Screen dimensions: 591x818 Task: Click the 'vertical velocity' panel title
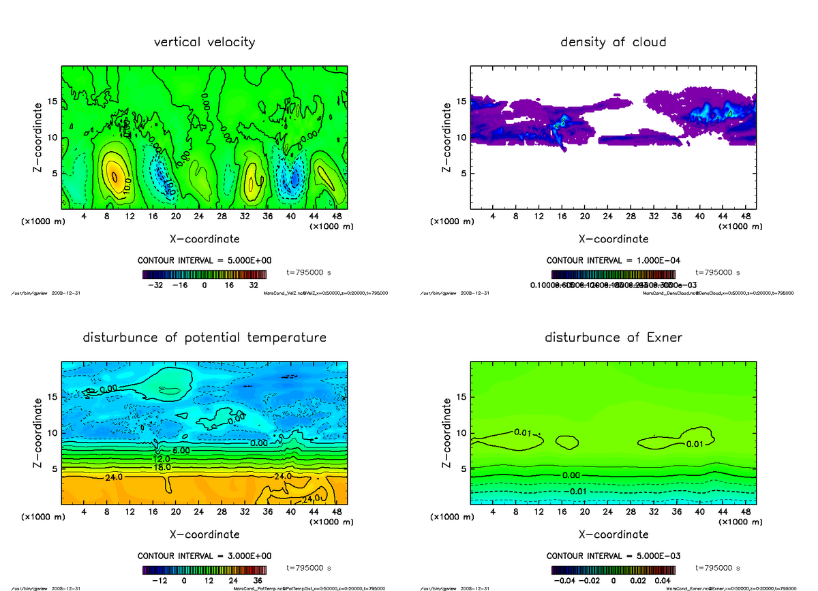pyautogui.click(x=204, y=42)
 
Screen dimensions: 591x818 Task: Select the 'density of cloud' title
pyautogui.click(x=613, y=42)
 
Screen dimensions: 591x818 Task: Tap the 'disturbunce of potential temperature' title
pyautogui.click(x=204, y=338)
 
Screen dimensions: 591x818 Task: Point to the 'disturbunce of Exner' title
pyautogui.click(x=613, y=338)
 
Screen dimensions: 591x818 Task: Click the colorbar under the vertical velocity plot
pyautogui.click(x=204, y=274)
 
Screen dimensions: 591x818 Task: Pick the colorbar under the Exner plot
pyautogui.click(x=613, y=569)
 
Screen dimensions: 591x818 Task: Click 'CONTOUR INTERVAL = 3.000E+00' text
pyautogui.click(x=204, y=556)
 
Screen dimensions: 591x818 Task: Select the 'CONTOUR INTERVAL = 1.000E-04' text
pyautogui.click(x=613, y=260)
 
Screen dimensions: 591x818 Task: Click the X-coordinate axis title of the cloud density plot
pyautogui.click(x=613, y=239)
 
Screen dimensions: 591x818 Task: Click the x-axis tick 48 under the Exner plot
pyautogui.click(x=746, y=512)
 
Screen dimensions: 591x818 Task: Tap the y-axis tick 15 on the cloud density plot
pyautogui.click(x=461, y=101)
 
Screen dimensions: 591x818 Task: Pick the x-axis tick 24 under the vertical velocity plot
pyautogui.click(x=198, y=217)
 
